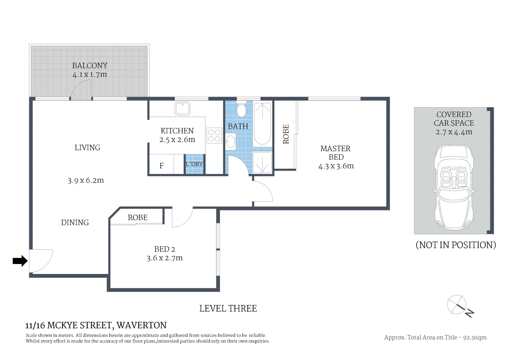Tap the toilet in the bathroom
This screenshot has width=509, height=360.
point(241,110)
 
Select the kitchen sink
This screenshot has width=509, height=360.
point(182,108)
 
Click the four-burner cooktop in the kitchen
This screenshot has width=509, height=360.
point(214,136)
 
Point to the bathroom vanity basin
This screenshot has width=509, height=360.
point(231,141)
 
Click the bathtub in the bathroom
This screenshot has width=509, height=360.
point(263,124)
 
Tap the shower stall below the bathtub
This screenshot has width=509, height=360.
point(262,162)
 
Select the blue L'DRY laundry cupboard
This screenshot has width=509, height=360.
point(194,164)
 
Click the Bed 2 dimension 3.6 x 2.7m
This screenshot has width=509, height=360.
point(165,258)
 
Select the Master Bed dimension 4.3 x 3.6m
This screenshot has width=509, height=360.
point(336,166)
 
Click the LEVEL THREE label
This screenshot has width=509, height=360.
point(228,309)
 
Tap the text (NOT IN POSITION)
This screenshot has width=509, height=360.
point(456,245)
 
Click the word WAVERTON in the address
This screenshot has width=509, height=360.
point(142,325)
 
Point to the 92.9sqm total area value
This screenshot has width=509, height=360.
point(475,337)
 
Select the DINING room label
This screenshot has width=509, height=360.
point(75,223)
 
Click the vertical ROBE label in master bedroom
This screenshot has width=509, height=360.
point(286,134)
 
